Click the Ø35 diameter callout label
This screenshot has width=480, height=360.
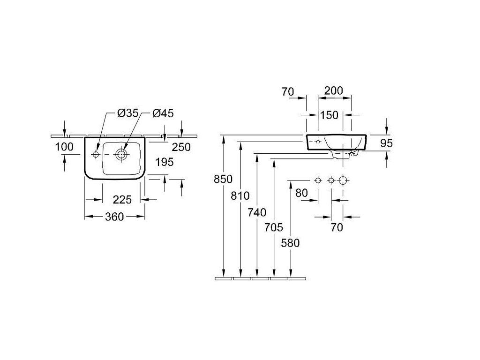(x=128, y=113)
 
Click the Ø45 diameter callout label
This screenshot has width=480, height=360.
(x=163, y=113)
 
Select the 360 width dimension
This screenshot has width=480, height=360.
(x=114, y=217)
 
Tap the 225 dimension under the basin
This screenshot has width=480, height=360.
(x=122, y=200)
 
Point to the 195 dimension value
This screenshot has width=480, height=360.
(x=165, y=162)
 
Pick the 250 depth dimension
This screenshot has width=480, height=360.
(x=181, y=147)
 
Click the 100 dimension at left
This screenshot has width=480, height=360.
(x=64, y=147)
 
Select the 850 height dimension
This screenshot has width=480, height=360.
(x=223, y=179)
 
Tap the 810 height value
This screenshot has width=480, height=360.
(x=240, y=195)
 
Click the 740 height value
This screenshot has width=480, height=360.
(x=257, y=212)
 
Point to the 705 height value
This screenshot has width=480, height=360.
(x=274, y=227)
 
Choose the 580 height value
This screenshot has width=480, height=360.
(x=290, y=243)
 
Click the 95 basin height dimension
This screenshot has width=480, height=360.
(x=386, y=143)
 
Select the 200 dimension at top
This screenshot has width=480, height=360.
(x=334, y=90)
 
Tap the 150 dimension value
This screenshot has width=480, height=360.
(x=329, y=115)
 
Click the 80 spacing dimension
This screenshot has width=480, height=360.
(x=301, y=193)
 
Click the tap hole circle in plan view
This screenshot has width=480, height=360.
(x=96, y=155)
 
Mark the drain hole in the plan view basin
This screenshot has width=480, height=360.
(x=121, y=155)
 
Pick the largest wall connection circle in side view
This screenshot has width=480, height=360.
(x=343, y=180)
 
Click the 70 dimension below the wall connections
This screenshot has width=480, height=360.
(x=337, y=227)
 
